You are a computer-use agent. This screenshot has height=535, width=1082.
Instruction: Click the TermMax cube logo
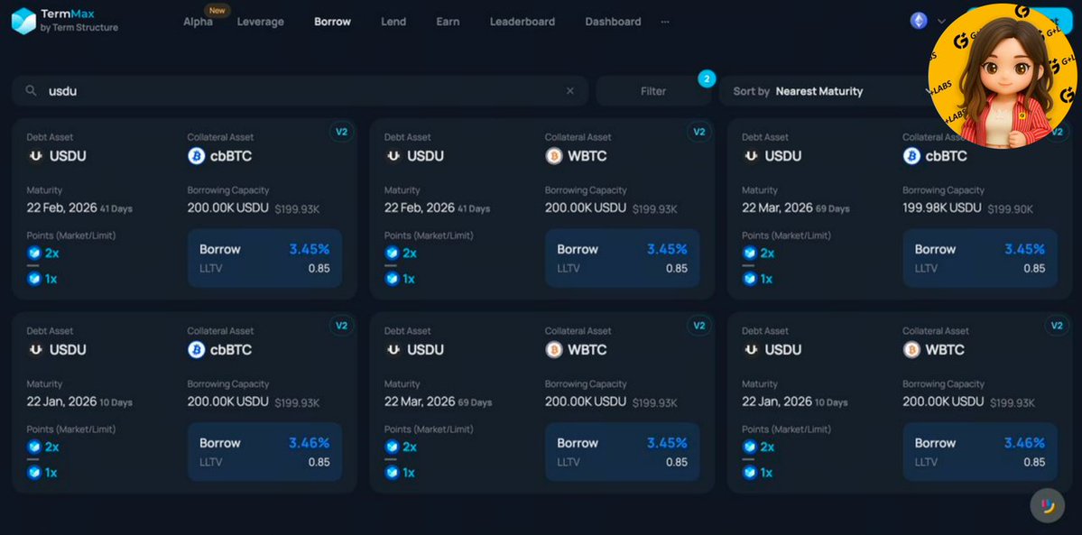[23, 21]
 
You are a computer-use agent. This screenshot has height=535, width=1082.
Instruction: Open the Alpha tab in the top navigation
[198, 22]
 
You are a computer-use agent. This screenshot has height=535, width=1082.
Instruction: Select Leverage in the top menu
[260, 22]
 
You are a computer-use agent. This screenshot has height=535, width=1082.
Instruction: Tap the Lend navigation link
[393, 22]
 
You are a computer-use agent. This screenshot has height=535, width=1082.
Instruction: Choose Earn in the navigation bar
[448, 22]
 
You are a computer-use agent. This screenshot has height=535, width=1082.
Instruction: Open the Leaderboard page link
[522, 22]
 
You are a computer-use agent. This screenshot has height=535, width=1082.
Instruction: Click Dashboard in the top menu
[613, 22]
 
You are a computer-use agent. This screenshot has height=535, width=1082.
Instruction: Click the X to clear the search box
[570, 91]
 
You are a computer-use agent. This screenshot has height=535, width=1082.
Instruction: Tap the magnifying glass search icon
[31, 91]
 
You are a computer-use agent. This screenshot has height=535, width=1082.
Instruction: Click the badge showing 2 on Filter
[707, 78]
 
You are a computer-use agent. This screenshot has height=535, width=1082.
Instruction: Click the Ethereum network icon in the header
[919, 21]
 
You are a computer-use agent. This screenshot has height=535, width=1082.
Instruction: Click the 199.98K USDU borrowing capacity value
[942, 208]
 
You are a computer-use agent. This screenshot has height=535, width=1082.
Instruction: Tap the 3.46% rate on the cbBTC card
[309, 443]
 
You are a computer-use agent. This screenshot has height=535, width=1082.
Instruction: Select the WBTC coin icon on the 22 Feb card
[554, 156]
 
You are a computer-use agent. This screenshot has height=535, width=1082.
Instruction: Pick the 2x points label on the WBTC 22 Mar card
[410, 447]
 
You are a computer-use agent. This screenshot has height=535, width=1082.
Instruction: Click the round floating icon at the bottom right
[1047, 505]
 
